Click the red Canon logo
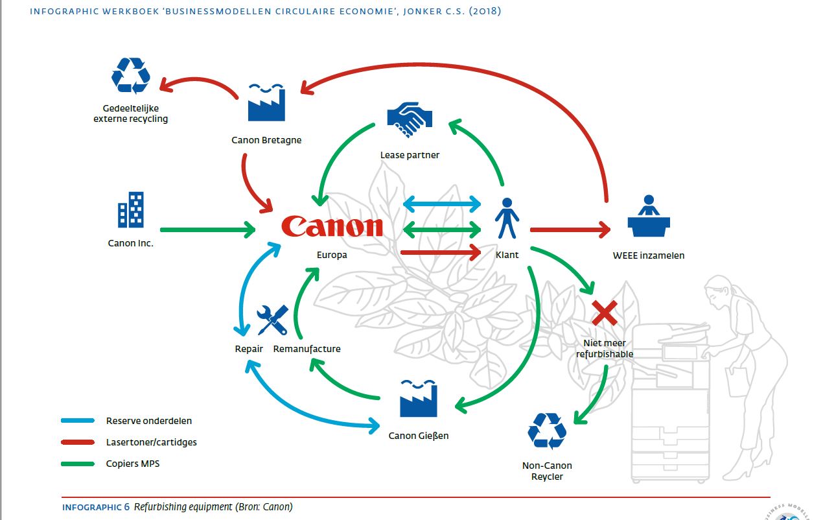coord(332,226)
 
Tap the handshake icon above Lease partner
coord(409,119)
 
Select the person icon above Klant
coord(507,218)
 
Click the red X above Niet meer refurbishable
coord(604,313)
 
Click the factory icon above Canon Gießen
coord(418,399)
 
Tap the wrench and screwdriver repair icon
coord(272,320)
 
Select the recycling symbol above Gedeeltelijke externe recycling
coord(131,76)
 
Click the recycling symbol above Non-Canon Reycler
coord(547,431)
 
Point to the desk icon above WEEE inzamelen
coord(648,216)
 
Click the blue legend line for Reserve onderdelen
coord(78,421)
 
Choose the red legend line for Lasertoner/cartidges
coord(78,442)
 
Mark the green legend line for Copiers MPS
coord(78,464)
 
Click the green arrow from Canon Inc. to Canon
coord(207,230)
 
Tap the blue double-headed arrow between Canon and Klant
coord(442,205)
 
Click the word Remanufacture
coord(307,349)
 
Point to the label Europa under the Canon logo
coord(332,255)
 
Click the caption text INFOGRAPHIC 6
coord(96,507)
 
